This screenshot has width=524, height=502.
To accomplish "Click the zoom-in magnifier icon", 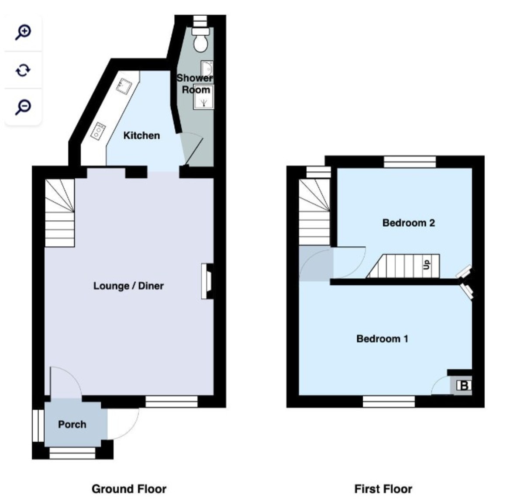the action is [23, 32].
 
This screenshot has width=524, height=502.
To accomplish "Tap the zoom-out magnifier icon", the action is [23, 107].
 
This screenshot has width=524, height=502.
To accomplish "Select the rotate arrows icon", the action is [23, 70].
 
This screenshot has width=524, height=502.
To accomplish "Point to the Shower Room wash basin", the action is [207, 69].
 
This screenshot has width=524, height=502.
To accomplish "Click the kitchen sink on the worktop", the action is [124, 85].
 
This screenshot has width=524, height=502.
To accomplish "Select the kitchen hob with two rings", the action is [98, 131].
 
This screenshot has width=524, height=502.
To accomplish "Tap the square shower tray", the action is [203, 97].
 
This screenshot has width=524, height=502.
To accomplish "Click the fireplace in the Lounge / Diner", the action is [207, 281].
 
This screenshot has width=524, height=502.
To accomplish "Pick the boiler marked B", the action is [464, 386].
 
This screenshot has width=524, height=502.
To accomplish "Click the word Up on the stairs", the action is [427, 265].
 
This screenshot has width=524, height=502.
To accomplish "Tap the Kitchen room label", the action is [141, 135].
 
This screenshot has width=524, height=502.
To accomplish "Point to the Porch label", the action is [72, 424].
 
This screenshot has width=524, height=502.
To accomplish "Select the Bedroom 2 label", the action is [409, 223].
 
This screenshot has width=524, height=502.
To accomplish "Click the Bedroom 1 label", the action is [383, 339].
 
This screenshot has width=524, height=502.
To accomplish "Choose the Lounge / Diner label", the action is [128, 286].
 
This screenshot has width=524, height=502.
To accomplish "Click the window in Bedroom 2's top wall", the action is [410, 162].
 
